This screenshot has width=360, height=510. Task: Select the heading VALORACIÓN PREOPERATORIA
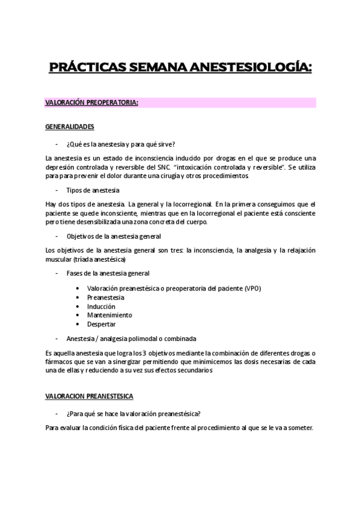pos(92,102)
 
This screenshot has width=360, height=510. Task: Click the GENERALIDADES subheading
pos(69,127)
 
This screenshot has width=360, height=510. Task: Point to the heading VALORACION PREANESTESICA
pos(90,396)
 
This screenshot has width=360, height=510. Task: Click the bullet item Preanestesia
pos(106,297)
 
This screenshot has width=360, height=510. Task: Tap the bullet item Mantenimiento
pos(109,315)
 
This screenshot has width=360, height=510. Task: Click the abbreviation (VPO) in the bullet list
pos(253,288)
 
